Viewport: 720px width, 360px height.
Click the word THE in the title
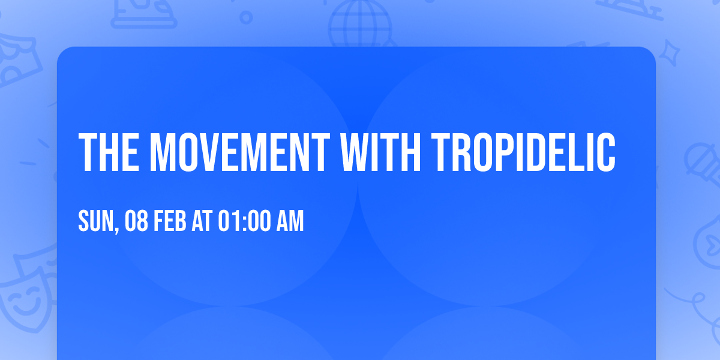(x=109, y=152)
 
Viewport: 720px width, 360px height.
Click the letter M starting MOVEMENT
(x=164, y=152)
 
